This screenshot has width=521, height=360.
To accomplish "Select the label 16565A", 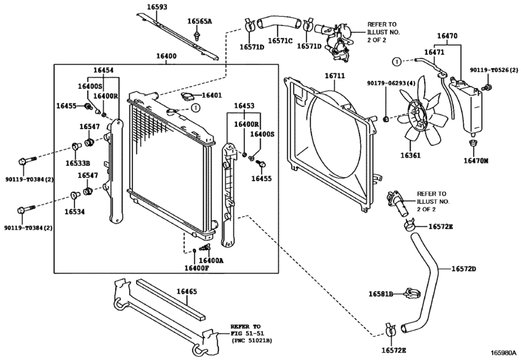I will [x=200, y=21].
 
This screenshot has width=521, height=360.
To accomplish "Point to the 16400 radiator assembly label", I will [x=166, y=57].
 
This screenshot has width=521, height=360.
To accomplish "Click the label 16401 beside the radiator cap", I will [x=212, y=96].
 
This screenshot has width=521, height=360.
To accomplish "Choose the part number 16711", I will [x=334, y=76].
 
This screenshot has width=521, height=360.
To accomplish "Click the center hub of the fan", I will [x=416, y=116].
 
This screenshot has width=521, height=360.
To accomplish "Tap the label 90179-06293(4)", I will [x=391, y=83].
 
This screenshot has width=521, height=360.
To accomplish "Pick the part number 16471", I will [x=434, y=51].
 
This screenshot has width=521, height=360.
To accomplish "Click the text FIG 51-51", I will [x=247, y=334].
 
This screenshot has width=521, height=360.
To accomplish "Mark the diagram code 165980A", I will [x=504, y=353].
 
